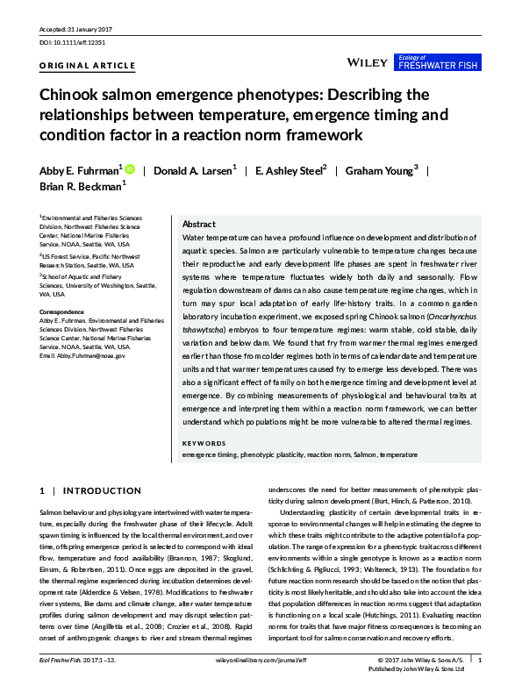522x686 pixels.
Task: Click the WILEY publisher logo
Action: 367,63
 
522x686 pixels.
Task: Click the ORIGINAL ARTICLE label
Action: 88,66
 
